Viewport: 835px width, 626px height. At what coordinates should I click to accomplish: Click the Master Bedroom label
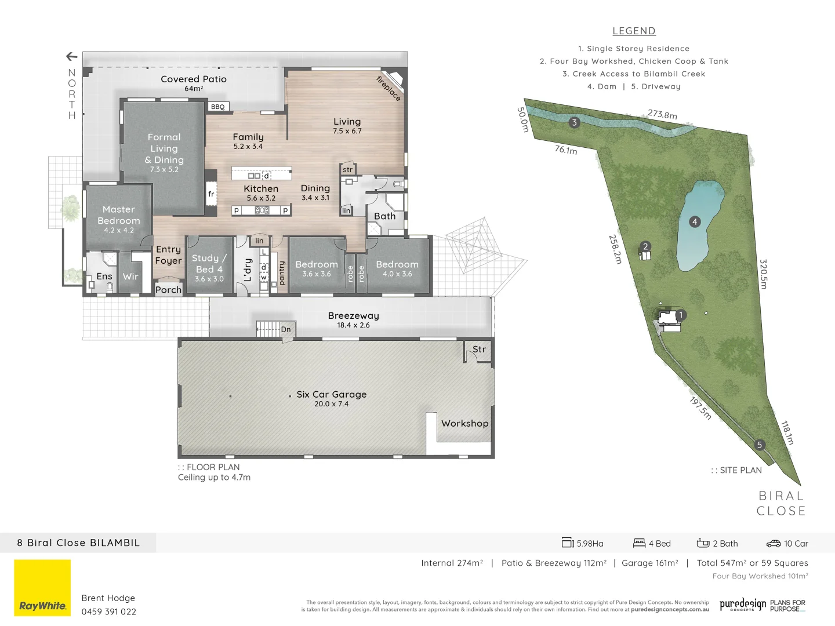[119, 215]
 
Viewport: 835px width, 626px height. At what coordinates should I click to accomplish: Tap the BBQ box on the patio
[218, 107]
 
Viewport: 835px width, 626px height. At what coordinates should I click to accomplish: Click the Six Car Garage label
[331, 395]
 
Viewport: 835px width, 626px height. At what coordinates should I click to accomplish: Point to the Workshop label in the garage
[464, 424]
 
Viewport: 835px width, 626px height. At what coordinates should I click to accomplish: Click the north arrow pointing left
[72, 56]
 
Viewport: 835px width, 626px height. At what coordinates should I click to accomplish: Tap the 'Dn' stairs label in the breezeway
[286, 329]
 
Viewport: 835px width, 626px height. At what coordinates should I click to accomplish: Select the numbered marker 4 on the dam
[695, 221]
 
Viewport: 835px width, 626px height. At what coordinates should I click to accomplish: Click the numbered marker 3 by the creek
[574, 122]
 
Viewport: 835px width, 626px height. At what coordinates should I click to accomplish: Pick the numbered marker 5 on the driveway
[759, 445]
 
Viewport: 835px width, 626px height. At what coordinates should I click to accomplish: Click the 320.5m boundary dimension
[764, 274]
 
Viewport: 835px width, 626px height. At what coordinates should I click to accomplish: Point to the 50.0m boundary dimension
[523, 119]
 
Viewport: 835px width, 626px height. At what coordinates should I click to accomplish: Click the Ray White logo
[42, 588]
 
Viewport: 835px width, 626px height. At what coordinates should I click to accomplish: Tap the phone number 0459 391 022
[109, 612]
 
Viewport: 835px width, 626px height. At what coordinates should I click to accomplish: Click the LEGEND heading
[634, 31]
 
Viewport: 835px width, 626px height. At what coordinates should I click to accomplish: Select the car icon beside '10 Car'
[773, 544]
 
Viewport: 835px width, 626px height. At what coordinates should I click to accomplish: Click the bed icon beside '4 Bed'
[639, 543]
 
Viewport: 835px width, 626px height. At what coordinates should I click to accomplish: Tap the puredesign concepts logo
[743, 605]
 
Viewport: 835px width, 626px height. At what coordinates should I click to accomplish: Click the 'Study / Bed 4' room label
[209, 264]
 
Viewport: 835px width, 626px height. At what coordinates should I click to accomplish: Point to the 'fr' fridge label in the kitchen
[211, 194]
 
